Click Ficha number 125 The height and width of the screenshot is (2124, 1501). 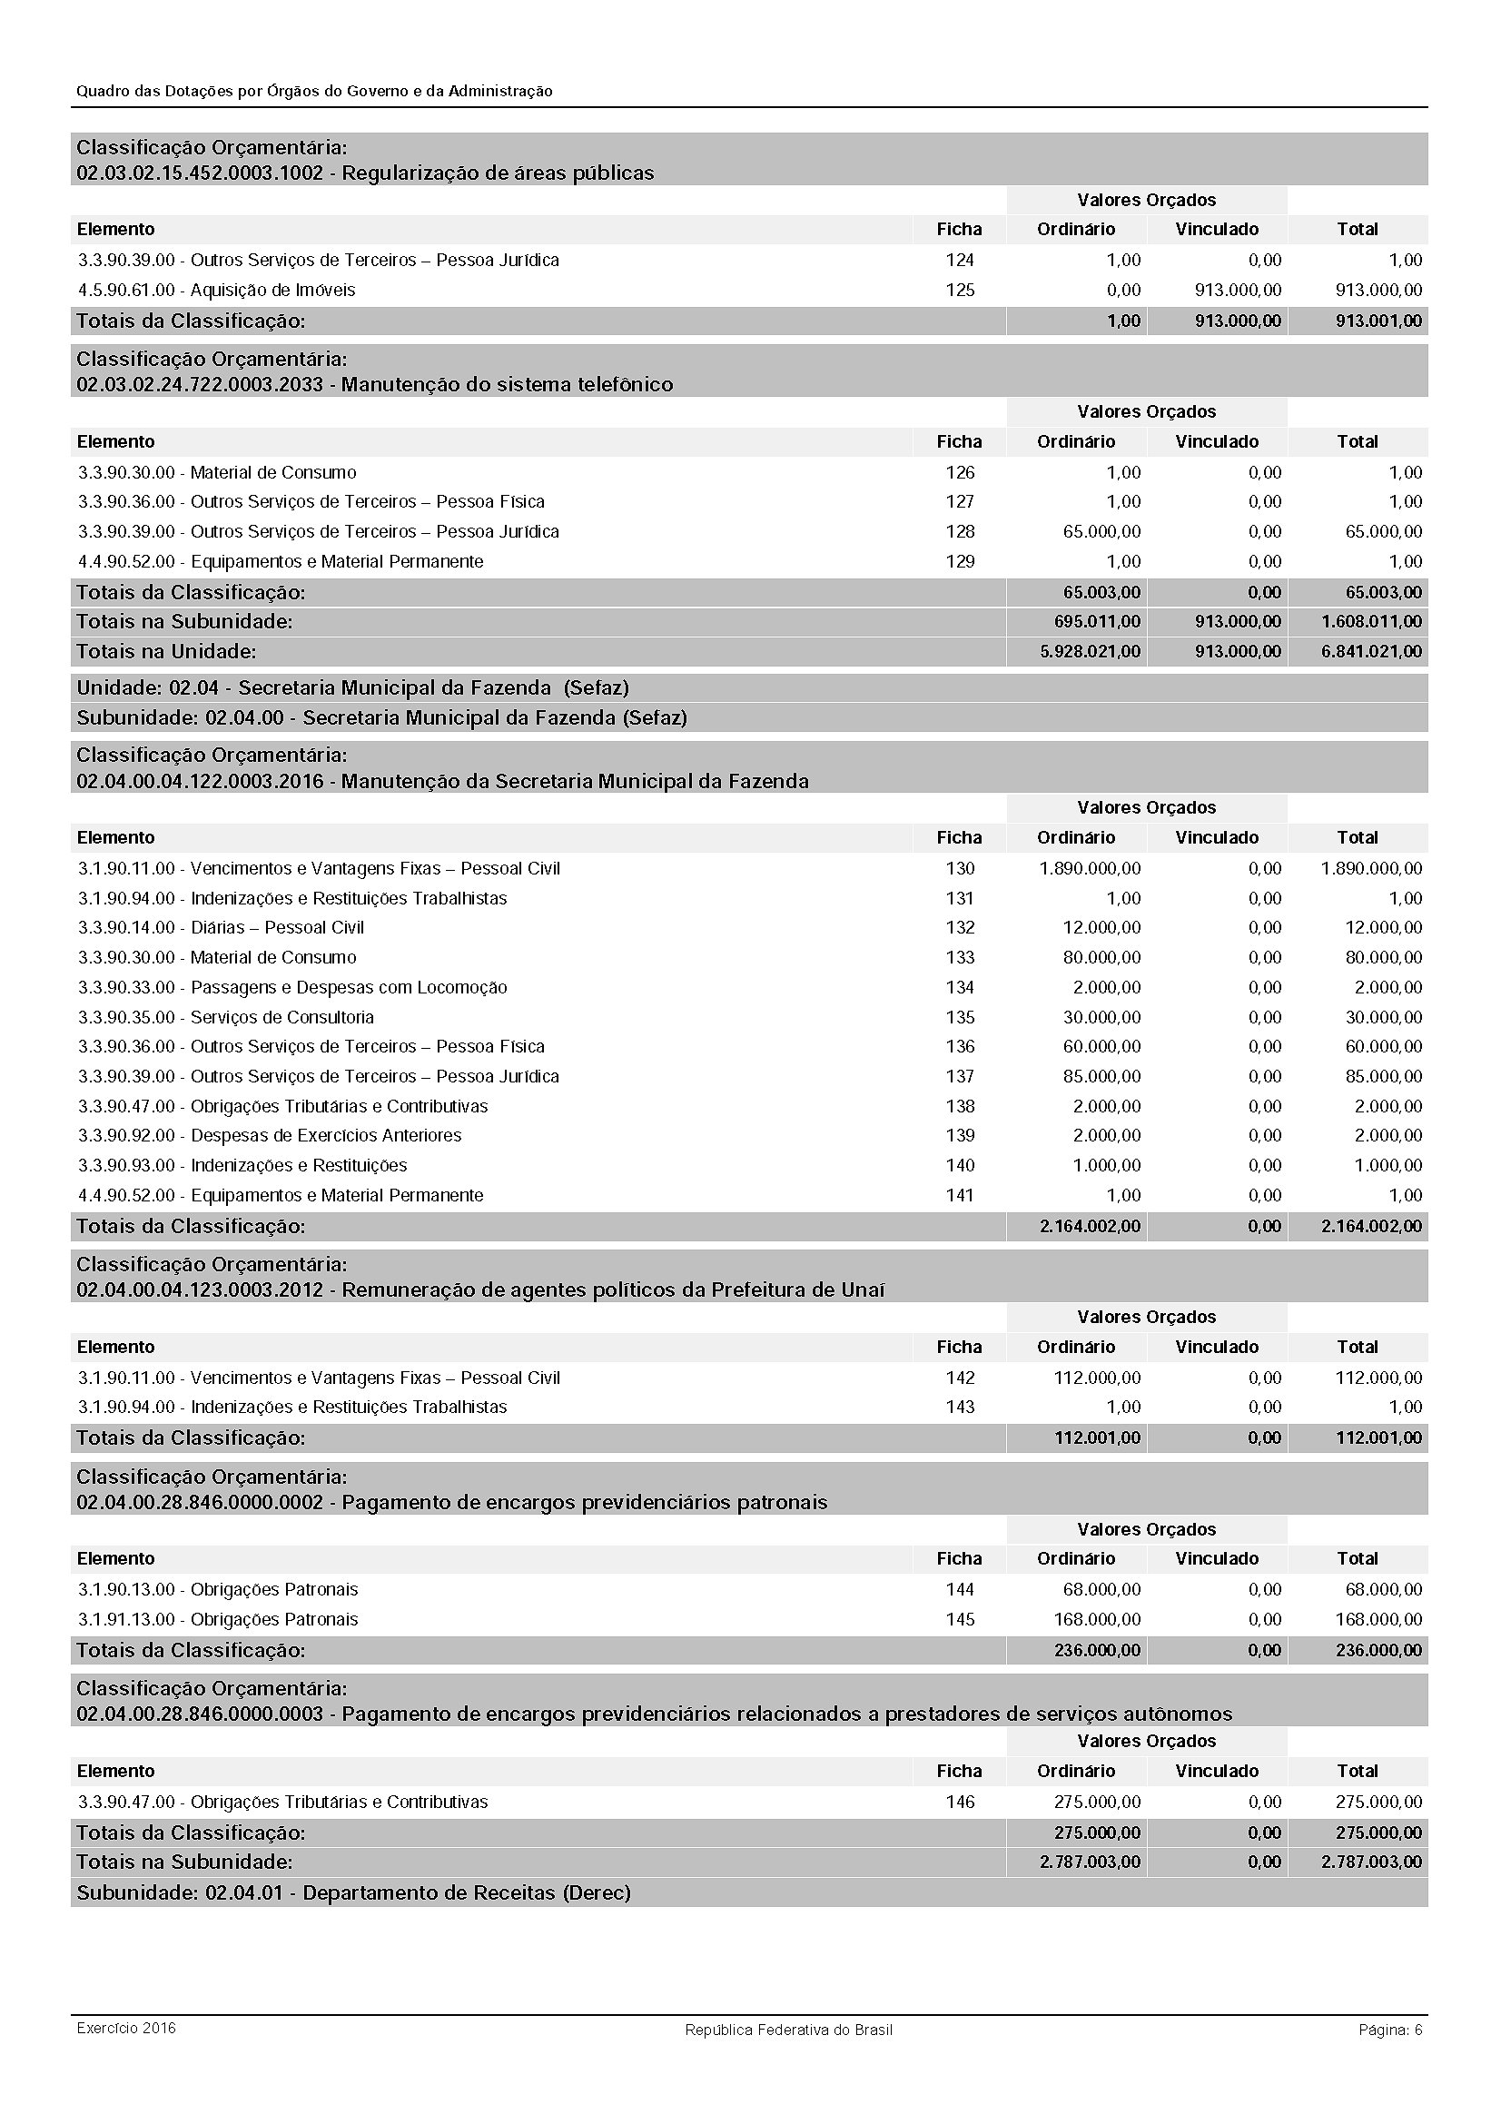pyautogui.click(x=959, y=291)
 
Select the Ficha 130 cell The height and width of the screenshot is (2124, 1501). pyautogui.click(x=959, y=869)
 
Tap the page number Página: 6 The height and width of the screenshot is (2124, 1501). pyautogui.click(x=1390, y=2030)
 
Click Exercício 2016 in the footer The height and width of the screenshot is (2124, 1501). pyautogui.click(x=126, y=2029)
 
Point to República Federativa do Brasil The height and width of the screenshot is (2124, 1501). pyautogui.click(x=788, y=2030)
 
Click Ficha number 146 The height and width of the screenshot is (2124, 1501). pyautogui.click(x=959, y=1801)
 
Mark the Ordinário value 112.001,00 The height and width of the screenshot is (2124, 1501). pyautogui.click(x=1097, y=1438)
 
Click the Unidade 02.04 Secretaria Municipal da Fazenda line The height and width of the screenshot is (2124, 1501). pyautogui.click(x=352, y=688)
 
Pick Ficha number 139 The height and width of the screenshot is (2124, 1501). pyautogui.click(x=959, y=1136)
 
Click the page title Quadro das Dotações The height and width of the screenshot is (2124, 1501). pyautogui.click(x=314, y=92)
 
